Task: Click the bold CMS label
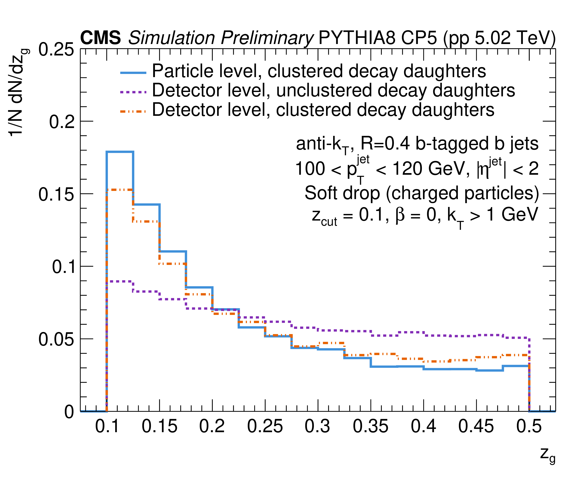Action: tap(100, 38)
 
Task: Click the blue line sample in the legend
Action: tap(133, 72)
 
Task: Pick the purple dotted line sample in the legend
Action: tap(133, 92)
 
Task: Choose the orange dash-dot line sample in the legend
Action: tap(133, 111)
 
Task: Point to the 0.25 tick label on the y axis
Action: tap(56, 50)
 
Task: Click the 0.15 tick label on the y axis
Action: tap(56, 194)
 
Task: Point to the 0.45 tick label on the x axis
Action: tap(476, 426)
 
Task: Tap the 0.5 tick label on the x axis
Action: tap(529, 426)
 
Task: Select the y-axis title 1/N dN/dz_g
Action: tap(17, 93)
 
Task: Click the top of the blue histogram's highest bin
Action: tap(120, 152)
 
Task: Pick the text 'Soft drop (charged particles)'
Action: tap(422, 193)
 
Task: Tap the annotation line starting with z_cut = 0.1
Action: tap(425, 215)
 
